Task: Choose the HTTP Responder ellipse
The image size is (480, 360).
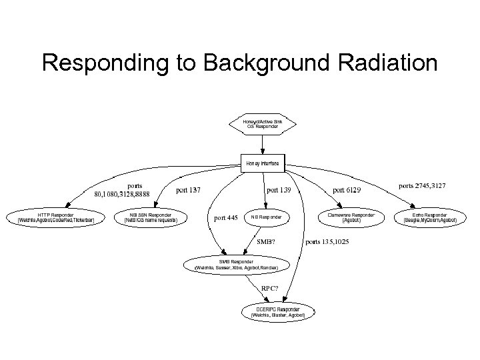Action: coord(56,217)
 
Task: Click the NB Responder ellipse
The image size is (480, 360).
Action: coord(267,217)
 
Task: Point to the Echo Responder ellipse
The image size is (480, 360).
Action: coord(430,217)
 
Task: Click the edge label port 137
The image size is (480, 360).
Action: coord(188,190)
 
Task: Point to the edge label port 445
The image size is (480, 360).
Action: coord(226,217)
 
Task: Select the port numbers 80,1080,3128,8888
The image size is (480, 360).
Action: coord(122,195)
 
